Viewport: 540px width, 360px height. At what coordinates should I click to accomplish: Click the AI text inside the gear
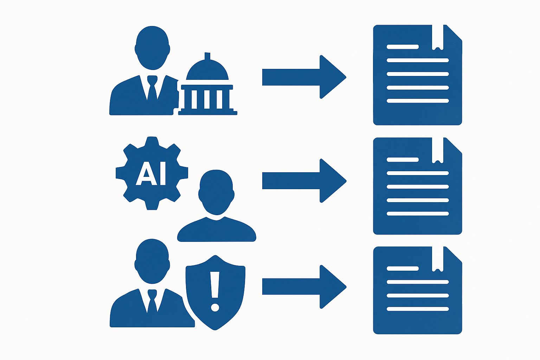click(x=151, y=173)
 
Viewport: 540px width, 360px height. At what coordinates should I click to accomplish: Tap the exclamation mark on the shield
click(x=214, y=291)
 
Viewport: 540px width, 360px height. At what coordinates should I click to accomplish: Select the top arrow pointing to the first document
click(x=304, y=77)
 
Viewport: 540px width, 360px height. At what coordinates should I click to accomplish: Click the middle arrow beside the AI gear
click(x=304, y=181)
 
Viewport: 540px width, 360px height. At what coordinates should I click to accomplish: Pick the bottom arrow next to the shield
click(x=304, y=287)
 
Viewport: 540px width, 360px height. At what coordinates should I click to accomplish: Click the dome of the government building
click(x=207, y=70)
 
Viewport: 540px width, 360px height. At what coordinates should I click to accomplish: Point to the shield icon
click(x=215, y=292)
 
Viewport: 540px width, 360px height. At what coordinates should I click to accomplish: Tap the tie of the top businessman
click(x=152, y=88)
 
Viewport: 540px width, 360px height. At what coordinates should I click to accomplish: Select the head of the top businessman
click(x=152, y=48)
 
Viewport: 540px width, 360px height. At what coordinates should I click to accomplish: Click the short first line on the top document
click(x=403, y=47)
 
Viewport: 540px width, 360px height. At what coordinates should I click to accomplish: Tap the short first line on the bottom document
click(x=403, y=268)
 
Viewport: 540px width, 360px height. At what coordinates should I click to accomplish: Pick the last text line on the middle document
click(x=418, y=213)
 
